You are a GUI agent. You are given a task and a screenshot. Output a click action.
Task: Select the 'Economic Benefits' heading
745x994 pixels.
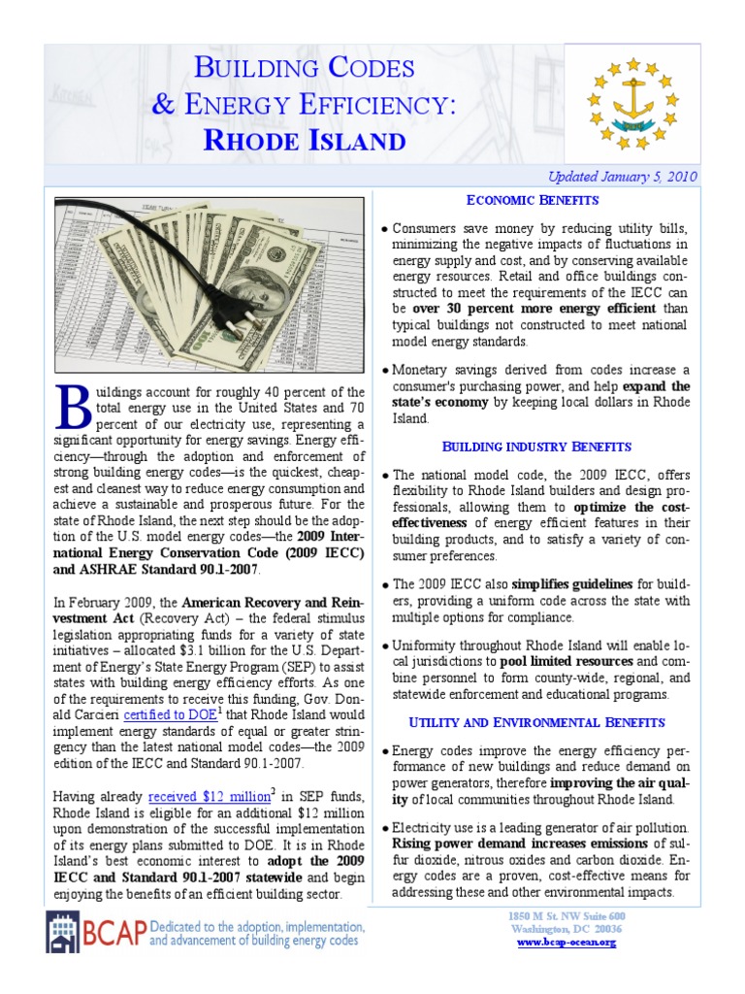point(533,200)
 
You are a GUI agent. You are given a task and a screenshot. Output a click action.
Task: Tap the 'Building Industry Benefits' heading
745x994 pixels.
point(536,447)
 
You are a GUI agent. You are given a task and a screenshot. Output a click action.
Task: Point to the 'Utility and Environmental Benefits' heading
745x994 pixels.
point(536,722)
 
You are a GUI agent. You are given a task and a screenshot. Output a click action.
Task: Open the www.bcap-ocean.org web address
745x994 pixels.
point(566,943)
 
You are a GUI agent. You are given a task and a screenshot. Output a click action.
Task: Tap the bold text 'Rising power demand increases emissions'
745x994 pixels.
point(520,843)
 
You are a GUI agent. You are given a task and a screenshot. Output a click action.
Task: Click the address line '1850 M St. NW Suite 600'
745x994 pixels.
point(567,916)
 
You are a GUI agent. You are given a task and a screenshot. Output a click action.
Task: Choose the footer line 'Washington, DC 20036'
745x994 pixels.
point(566,929)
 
